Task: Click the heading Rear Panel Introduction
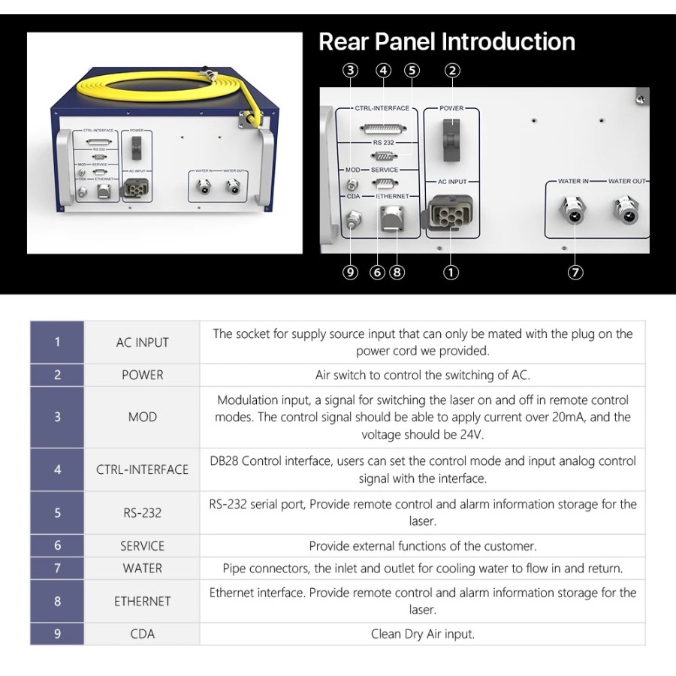[446, 41]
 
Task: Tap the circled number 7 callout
[575, 273]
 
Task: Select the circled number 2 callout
[451, 71]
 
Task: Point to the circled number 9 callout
[350, 273]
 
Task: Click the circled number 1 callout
[451, 273]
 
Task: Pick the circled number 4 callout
[384, 71]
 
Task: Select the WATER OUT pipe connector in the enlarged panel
[626, 212]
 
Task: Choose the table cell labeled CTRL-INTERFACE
[142, 469]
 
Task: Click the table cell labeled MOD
[142, 417]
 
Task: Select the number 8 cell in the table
[57, 601]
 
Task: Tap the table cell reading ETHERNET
[142, 601]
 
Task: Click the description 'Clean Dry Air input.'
[422, 634]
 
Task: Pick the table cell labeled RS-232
[142, 513]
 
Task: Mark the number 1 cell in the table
[57, 342]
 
